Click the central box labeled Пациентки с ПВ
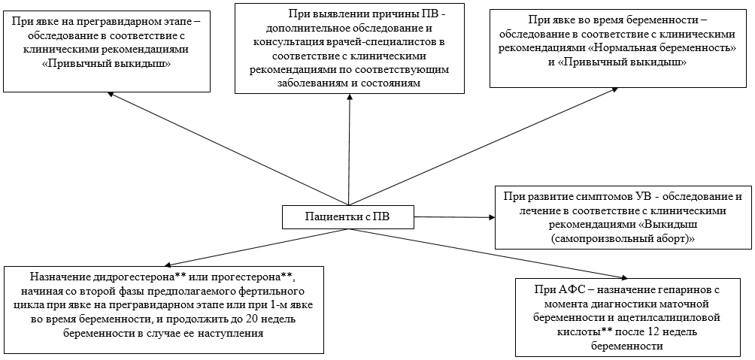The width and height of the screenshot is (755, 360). coord(347,217)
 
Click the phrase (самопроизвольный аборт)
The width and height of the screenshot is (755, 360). coord(623,237)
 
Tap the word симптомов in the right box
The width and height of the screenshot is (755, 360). coord(593,195)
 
